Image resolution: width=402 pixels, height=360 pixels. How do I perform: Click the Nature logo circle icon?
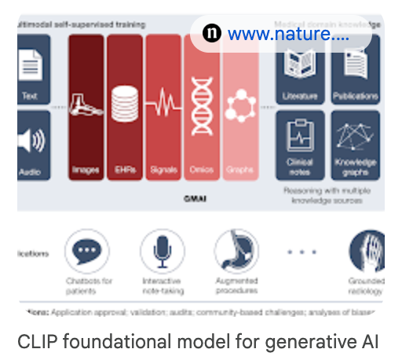click(x=211, y=33)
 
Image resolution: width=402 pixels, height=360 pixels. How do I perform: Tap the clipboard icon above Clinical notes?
click(x=299, y=135)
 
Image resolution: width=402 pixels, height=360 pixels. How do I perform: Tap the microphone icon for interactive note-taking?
click(x=163, y=251)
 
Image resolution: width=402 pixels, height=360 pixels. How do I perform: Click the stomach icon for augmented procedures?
click(x=236, y=251)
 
